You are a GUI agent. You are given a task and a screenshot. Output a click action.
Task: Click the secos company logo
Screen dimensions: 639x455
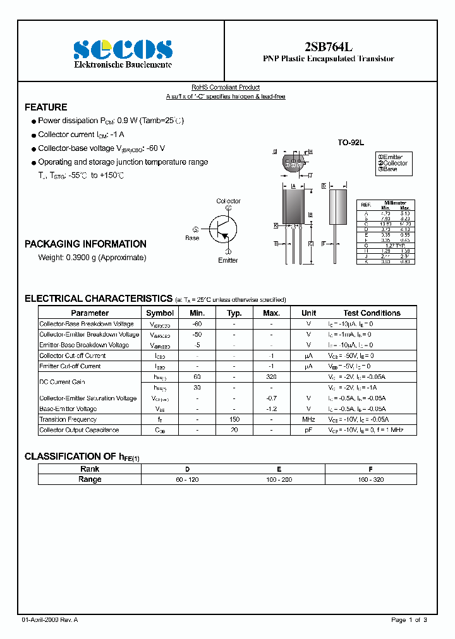[x=123, y=49]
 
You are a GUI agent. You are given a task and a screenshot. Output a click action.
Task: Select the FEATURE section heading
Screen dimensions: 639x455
[x=45, y=107]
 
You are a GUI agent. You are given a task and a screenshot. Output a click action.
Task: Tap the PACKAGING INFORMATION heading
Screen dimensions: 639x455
[x=85, y=244]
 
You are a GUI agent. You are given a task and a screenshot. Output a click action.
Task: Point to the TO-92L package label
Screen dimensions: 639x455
[x=350, y=143]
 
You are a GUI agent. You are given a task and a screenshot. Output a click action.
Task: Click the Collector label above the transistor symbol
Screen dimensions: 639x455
[x=228, y=201]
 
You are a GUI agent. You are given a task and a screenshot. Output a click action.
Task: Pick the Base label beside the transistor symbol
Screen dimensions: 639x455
[x=192, y=238]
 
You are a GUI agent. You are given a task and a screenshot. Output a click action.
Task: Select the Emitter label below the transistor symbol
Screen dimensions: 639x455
[x=228, y=260]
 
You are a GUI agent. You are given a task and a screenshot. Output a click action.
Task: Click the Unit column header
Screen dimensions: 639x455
[x=308, y=313]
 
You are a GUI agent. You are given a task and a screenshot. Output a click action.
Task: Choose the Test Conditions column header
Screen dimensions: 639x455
[x=372, y=313]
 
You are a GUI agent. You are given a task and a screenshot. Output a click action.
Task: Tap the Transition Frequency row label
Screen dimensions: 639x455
[x=68, y=419]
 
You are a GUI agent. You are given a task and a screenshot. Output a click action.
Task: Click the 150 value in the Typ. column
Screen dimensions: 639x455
[x=234, y=419]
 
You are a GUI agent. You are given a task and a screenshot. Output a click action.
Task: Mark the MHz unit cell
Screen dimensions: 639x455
[x=308, y=419]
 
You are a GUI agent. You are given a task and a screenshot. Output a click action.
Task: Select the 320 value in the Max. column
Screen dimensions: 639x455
[x=271, y=377]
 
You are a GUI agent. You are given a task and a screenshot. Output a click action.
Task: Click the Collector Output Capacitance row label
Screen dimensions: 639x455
[x=79, y=430]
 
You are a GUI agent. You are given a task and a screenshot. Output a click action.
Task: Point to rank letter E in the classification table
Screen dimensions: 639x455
[x=279, y=469]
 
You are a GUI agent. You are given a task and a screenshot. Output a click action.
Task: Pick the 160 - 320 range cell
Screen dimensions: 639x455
[x=370, y=480]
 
